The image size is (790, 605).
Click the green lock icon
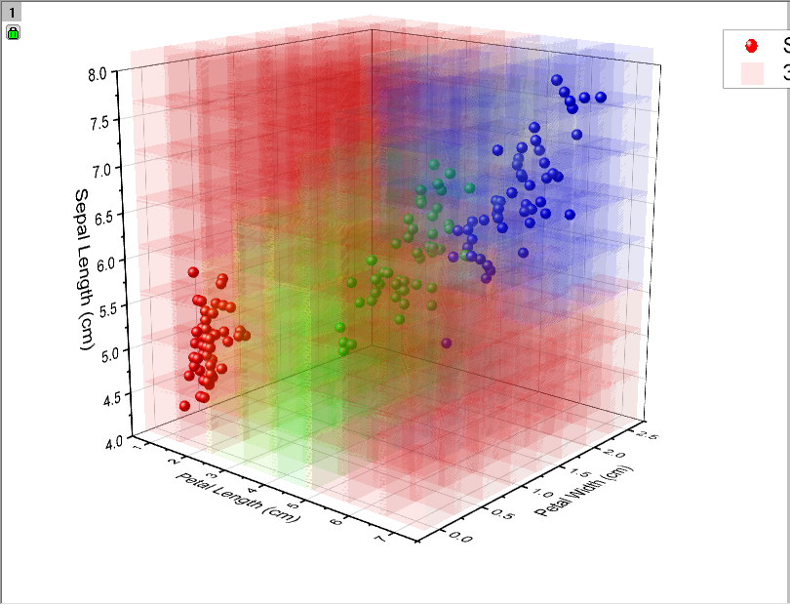click(x=13, y=32)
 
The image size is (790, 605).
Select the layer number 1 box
click(x=11, y=12)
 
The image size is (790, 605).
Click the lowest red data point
click(x=184, y=405)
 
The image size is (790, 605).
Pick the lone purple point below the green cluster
click(x=447, y=343)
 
